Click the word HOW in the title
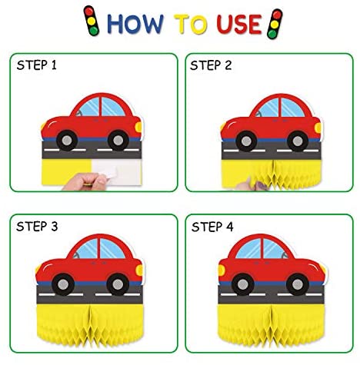(x=135, y=24)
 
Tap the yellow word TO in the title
(x=190, y=24)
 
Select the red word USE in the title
(x=239, y=24)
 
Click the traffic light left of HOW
(x=92, y=21)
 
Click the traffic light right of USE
(x=275, y=24)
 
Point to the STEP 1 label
(x=36, y=65)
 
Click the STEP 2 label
(x=211, y=65)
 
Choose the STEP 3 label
(x=37, y=227)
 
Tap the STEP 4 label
(x=212, y=227)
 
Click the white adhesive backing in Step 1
(x=118, y=171)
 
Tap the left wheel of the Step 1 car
(x=67, y=140)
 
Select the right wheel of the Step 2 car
(x=298, y=141)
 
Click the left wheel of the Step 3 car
(x=63, y=284)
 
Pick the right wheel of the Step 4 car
(x=298, y=284)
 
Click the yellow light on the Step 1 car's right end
(x=138, y=127)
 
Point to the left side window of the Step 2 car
(x=268, y=108)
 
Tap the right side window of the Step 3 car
(x=111, y=249)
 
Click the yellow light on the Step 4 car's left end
(x=222, y=270)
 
